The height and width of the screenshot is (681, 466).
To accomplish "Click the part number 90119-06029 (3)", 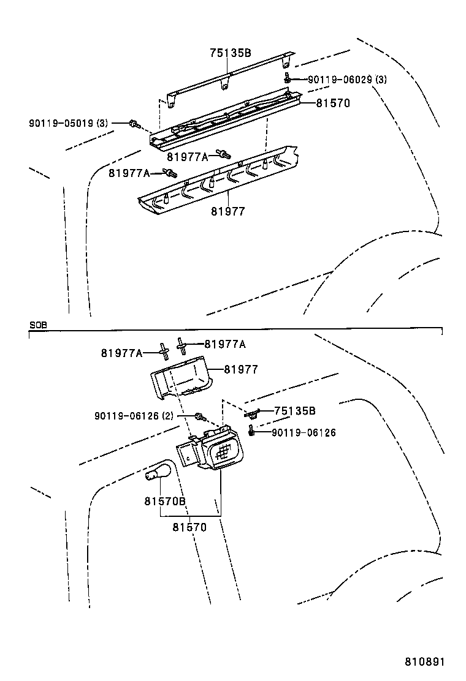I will [347, 79].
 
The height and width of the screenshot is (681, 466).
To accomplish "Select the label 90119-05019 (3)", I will [68, 123].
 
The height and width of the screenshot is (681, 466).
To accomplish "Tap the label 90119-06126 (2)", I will [134, 416].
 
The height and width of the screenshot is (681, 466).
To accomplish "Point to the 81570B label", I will [164, 501].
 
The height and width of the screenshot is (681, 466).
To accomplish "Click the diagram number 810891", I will [423, 662].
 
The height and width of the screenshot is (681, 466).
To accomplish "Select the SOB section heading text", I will [37, 325].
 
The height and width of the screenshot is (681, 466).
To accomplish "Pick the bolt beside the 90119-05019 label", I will [133, 124].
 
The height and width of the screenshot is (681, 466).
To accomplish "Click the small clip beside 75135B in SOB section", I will [251, 414].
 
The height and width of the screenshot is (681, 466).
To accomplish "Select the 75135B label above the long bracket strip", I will [231, 53].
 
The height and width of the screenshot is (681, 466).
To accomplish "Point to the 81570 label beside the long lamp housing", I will [333, 103].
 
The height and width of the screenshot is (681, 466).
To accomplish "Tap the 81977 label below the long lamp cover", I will [228, 211].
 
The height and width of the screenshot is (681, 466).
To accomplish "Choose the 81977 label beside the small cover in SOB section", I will [240, 369].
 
